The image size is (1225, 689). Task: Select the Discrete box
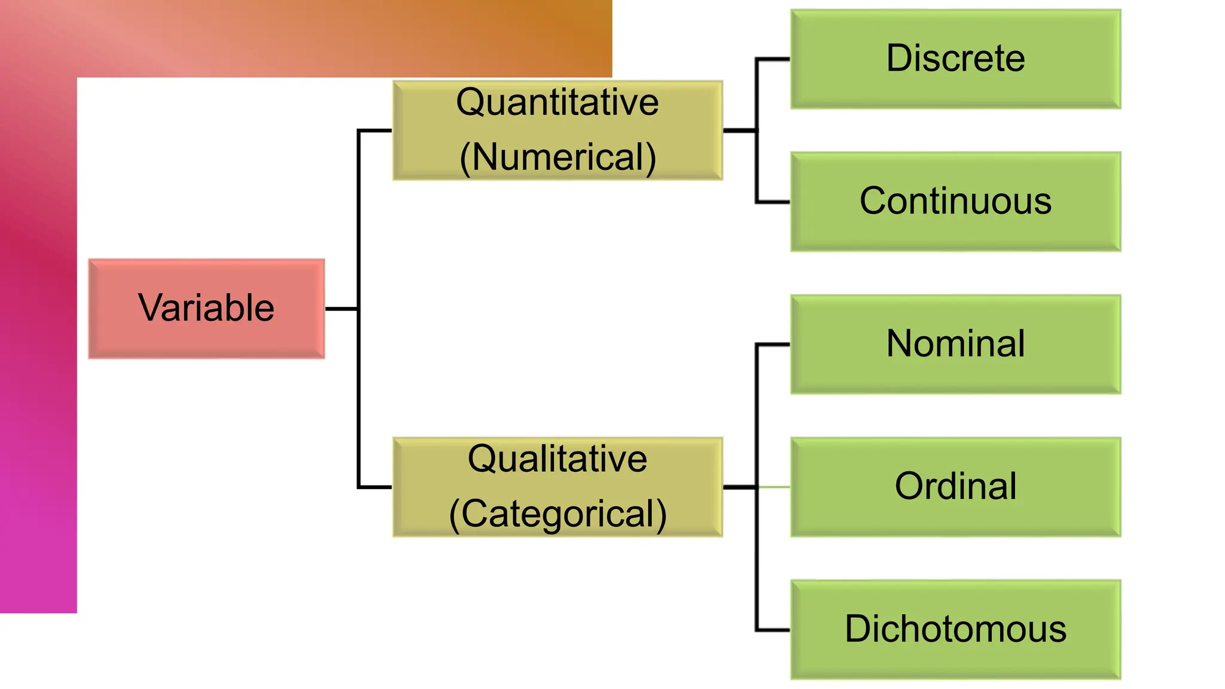(x=955, y=59)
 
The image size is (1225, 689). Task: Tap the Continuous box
(x=955, y=202)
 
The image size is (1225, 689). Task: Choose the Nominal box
(x=955, y=344)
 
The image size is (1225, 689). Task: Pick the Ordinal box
(x=955, y=486)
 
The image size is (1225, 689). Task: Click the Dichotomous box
(x=955, y=629)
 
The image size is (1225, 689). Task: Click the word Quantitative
(x=557, y=102)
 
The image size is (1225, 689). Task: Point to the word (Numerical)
(x=557, y=157)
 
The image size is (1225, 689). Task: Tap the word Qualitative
(x=557, y=459)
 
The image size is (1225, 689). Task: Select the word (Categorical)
(x=557, y=514)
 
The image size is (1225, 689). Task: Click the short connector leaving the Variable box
(x=341, y=309)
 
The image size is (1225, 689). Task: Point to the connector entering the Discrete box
(x=773, y=59)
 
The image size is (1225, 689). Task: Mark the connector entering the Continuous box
(x=773, y=202)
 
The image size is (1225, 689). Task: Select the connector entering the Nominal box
(x=773, y=344)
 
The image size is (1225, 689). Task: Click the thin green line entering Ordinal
(x=775, y=487)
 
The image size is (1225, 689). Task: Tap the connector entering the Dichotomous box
(x=773, y=630)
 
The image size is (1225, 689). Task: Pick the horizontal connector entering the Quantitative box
(x=375, y=130)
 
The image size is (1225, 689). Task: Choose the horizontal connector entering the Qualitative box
(x=375, y=487)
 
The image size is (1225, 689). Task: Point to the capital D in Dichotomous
(x=857, y=629)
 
